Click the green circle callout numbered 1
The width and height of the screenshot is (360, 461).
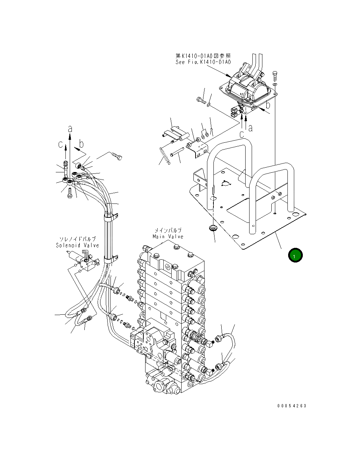pyautogui.click(x=295, y=255)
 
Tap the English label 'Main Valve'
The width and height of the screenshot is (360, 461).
pyautogui.click(x=168, y=237)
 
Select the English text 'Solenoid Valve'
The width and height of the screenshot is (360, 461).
pyautogui.click(x=77, y=245)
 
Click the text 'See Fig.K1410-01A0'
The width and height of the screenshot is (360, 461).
pyautogui.click(x=203, y=62)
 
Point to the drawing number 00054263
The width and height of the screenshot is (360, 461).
pyautogui.click(x=292, y=406)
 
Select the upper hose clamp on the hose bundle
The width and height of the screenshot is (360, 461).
pyautogui.click(x=110, y=217)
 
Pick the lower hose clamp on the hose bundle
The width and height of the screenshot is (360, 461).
pyautogui.click(x=110, y=258)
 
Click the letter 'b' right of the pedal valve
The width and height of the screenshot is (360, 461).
pyautogui.click(x=268, y=105)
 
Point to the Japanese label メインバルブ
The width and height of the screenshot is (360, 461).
pyautogui.click(x=168, y=231)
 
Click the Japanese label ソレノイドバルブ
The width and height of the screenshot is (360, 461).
pyautogui.click(x=77, y=239)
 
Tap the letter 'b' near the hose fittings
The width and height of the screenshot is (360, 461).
pyautogui.click(x=81, y=144)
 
